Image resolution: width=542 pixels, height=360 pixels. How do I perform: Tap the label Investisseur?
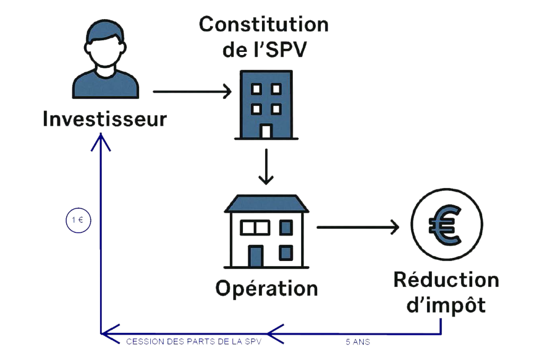[104, 119]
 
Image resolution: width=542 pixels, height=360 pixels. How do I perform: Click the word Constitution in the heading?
[263, 24]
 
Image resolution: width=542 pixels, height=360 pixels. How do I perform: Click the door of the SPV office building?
[266, 130]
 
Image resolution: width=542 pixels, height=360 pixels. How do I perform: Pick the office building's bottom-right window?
[275, 109]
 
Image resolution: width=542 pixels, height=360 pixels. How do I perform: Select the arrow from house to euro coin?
[357, 228]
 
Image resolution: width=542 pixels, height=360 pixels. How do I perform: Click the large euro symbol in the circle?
[446, 227]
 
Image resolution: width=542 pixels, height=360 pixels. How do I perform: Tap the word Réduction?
[446, 281]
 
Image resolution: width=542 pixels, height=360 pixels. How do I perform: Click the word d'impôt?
[446, 306]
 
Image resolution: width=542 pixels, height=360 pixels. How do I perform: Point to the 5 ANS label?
[357, 343]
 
